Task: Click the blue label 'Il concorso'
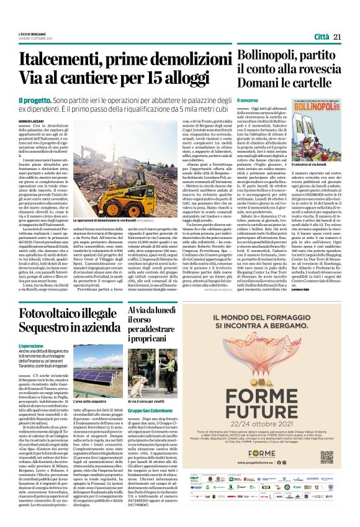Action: (248, 99)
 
